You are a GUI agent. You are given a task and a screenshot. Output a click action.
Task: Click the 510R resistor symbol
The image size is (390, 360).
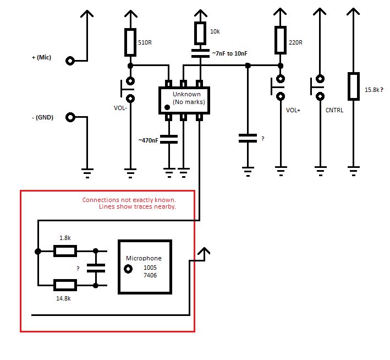tap(130, 42)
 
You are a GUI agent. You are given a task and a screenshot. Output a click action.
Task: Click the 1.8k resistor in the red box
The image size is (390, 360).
tap(64, 251)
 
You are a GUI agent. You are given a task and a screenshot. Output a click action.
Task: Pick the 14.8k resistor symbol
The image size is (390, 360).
tap(64, 285)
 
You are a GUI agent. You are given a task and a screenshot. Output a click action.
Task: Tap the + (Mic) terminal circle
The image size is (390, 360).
tap(70, 61)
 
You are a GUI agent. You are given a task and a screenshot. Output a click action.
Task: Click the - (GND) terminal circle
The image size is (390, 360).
tap(70, 117)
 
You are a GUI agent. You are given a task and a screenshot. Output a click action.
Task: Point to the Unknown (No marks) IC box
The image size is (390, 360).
tap(184, 100)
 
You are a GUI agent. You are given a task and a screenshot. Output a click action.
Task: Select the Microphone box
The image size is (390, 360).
tap(145, 266)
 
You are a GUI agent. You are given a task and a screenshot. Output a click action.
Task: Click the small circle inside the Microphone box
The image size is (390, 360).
tap(129, 269)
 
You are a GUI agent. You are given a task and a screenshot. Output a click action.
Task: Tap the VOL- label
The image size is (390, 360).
tap(120, 108)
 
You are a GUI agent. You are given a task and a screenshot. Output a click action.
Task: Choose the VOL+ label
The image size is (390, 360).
tap(294, 110)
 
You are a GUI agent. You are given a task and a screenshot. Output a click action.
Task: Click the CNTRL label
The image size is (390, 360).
tap(334, 110)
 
